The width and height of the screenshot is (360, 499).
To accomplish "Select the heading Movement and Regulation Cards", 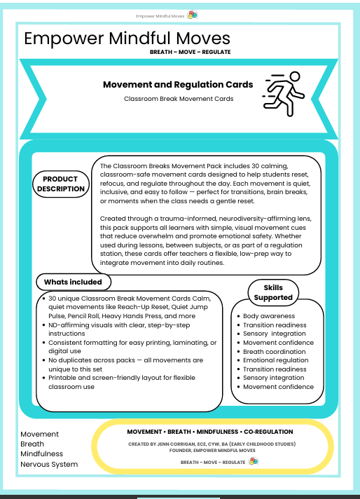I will point(178,85).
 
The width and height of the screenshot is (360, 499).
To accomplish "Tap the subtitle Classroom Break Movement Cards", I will point(178,99).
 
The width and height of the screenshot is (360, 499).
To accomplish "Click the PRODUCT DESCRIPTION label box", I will point(60,184).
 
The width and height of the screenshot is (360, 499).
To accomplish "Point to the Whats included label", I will point(73,282).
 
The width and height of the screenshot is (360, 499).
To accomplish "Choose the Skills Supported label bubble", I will point(272,292).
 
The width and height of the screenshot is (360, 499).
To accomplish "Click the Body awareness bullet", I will point(268,317).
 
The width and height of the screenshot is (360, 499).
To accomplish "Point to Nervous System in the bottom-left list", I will point(49,464).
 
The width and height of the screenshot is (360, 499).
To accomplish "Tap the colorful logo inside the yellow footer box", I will point(254,462).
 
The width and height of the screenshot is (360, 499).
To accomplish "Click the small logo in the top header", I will point(193,14).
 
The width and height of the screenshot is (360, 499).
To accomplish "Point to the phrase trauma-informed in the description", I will point(167,218).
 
